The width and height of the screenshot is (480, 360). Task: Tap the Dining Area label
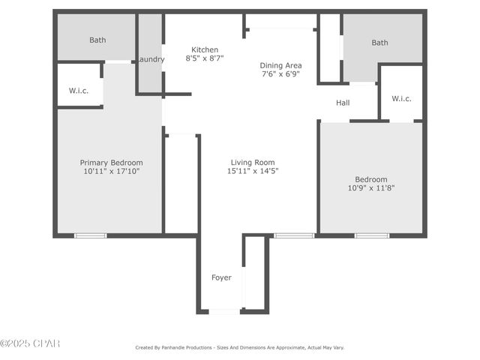pyautogui.click(x=281, y=65)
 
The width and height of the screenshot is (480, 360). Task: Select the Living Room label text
pyautogui.click(x=252, y=162)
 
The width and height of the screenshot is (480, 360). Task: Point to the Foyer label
pyautogui.click(x=221, y=277)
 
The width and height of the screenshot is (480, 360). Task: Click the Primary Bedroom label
pyautogui.click(x=111, y=162)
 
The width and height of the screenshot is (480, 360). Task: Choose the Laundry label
pyautogui.click(x=150, y=59)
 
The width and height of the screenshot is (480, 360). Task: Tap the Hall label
pyautogui.click(x=343, y=103)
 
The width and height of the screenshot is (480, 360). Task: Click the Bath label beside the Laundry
pyautogui.click(x=97, y=40)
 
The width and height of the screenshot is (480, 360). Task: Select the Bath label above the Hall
pyautogui.click(x=379, y=43)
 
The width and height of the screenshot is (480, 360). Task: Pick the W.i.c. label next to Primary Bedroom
pyautogui.click(x=79, y=91)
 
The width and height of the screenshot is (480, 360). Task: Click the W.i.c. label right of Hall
pyautogui.click(x=401, y=98)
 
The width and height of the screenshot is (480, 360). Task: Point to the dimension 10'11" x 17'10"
pyautogui.click(x=111, y=171)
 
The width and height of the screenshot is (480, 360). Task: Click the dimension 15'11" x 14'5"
pyautogui.click(x=252, y=171)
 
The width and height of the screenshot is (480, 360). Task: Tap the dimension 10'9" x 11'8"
pyautogui.click(x=371, y=187)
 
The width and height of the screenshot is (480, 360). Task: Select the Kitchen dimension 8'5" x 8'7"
pyautogui.click(x=205, y=57)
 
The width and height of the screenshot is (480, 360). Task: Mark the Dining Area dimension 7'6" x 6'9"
pyautogui.click(x=281, y=74)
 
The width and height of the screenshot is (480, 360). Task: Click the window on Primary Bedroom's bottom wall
pyautogui.click(x=90, y=235)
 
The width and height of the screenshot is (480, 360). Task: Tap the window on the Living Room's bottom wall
pyautogui.click(x=293, y=235)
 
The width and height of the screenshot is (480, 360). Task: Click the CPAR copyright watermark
pyautogui.click(x=30, y=343)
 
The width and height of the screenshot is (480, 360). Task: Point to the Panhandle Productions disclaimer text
pyautogui.click(x=239, y=347)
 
